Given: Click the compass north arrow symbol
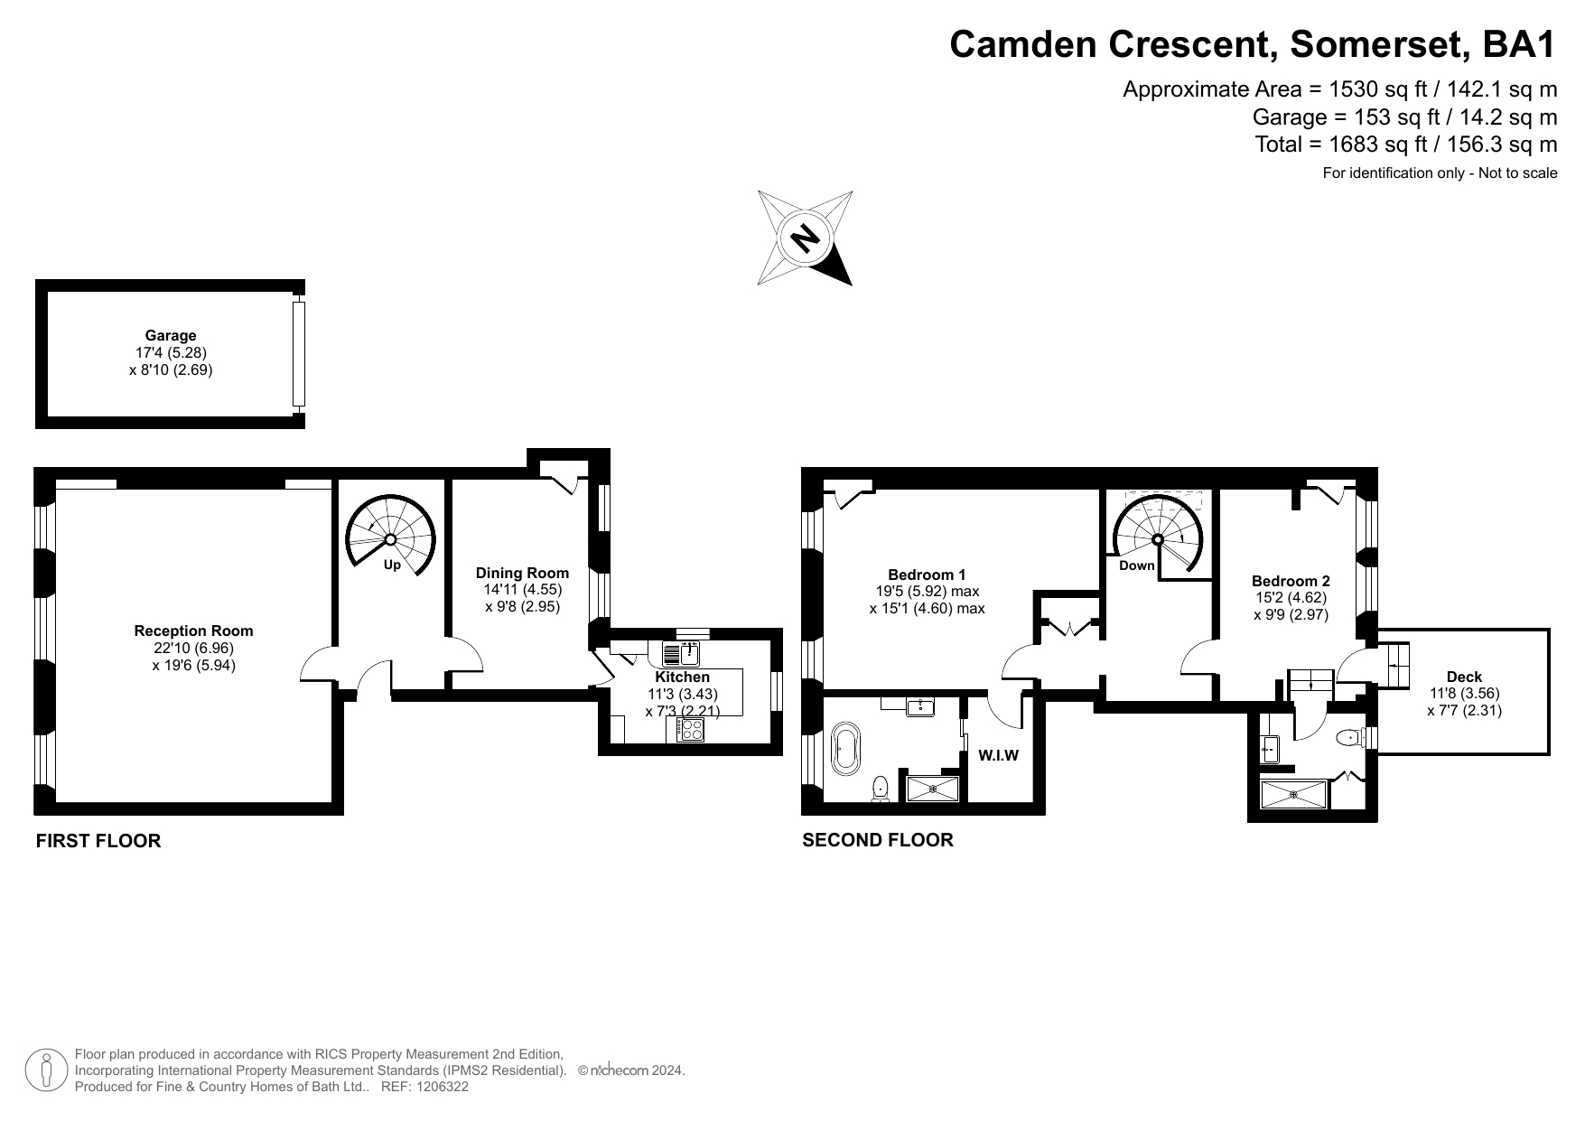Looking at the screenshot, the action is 805,238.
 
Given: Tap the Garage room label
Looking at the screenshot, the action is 171,336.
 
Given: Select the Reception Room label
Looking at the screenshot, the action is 193,631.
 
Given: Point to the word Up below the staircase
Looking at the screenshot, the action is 392,565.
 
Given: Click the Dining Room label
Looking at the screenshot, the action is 522,573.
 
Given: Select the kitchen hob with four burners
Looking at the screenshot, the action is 691,729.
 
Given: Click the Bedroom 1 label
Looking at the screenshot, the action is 927,575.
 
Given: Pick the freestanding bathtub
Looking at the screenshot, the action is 846,748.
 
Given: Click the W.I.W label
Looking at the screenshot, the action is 999,755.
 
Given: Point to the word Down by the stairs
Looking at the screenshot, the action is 1136,565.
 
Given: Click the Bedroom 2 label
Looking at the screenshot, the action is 1291,581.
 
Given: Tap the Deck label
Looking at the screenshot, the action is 1464,677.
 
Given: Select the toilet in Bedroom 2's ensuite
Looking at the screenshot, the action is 1348,737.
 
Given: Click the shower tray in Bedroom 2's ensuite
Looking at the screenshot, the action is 1294,795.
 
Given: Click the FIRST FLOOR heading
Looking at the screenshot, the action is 98,841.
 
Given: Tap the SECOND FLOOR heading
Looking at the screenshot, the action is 878,840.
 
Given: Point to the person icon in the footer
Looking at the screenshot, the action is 46,1070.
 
